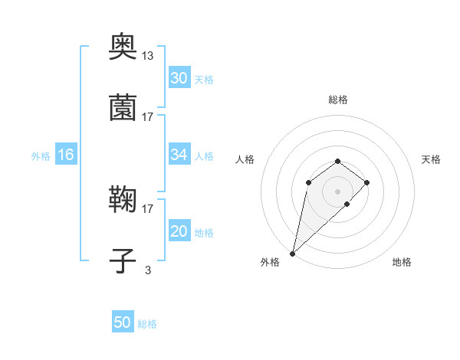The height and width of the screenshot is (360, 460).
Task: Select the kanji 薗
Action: coord(123,110)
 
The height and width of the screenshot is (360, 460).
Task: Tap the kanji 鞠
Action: coord(123,201)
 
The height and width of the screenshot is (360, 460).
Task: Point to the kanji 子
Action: coord(123,261)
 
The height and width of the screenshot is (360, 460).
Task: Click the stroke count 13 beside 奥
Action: coord(148,56)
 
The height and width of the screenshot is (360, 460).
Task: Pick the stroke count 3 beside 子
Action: coord(148,268)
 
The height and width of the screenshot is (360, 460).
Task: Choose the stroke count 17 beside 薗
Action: coord(148,116)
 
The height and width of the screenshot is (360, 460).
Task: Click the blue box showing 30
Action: coord(179,78)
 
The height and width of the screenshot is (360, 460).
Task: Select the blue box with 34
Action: coord(179,155)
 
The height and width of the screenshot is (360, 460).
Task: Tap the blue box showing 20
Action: coord(179,231)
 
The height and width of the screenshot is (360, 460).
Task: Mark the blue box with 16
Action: coord(65,155)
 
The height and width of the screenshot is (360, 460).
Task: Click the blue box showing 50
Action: coord(122,322)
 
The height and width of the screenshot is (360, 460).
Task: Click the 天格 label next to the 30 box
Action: coord(204,79)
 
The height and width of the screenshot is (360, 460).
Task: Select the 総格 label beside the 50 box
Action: coord(147,324)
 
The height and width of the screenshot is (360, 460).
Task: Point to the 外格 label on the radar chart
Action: coord(270,263)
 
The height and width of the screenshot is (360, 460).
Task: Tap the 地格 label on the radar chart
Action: coord(402,263)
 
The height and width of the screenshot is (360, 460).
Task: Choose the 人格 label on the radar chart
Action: coord(245,159)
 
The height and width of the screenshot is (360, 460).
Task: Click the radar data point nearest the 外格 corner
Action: coord(293,253)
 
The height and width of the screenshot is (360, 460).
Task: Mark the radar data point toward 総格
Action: coord(337,161)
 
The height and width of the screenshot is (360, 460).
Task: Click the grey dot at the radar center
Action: coord(337,191)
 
